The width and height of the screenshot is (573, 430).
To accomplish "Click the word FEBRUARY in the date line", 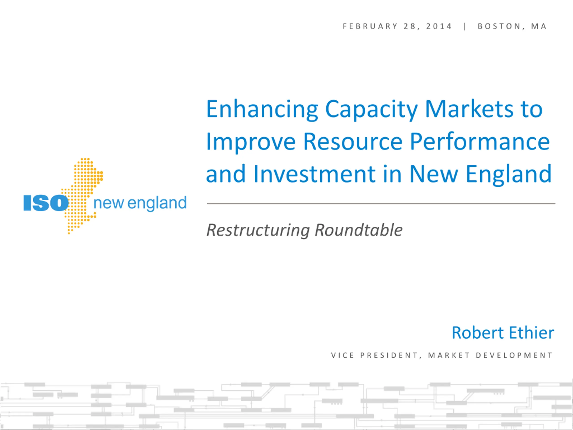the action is coord(370,26).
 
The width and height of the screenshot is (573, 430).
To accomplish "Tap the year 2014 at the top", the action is coord(439,26).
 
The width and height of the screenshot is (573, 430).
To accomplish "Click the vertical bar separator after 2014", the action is coord(465,26).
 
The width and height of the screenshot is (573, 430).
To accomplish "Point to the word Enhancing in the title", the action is coord(262,110).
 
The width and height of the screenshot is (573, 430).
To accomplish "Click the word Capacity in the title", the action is coord(371,110).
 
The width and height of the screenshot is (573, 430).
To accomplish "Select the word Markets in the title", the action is coord(469,109).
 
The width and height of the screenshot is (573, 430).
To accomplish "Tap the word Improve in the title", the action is coord(251,142).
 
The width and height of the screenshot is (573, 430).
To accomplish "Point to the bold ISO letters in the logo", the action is coord(46,203).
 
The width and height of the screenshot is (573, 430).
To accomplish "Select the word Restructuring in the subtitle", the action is coord(258,230).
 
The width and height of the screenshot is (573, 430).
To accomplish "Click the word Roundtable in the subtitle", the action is coord(359,230).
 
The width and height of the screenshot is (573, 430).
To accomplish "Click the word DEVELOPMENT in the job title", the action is coord(514,355).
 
